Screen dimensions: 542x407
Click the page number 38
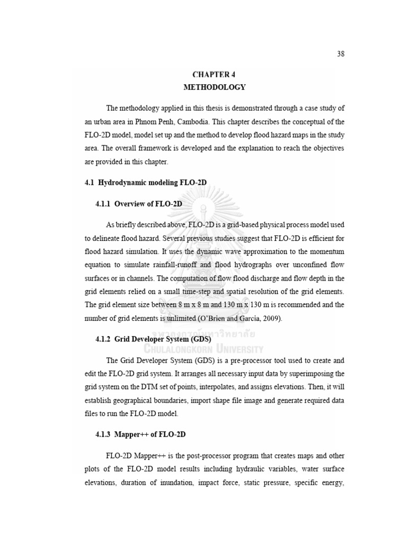click(x=341, y=54)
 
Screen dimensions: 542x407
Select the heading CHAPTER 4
click(x=214, y=75)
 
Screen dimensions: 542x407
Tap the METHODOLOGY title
click(x=214, y=87)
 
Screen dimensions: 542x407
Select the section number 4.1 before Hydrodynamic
click(x=90, y=183)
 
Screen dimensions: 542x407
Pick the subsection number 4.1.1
click(x=103, y=203)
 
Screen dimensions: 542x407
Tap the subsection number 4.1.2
click(x=103, y=339)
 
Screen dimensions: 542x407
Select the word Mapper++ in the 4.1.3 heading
click(x=131, y=434)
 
